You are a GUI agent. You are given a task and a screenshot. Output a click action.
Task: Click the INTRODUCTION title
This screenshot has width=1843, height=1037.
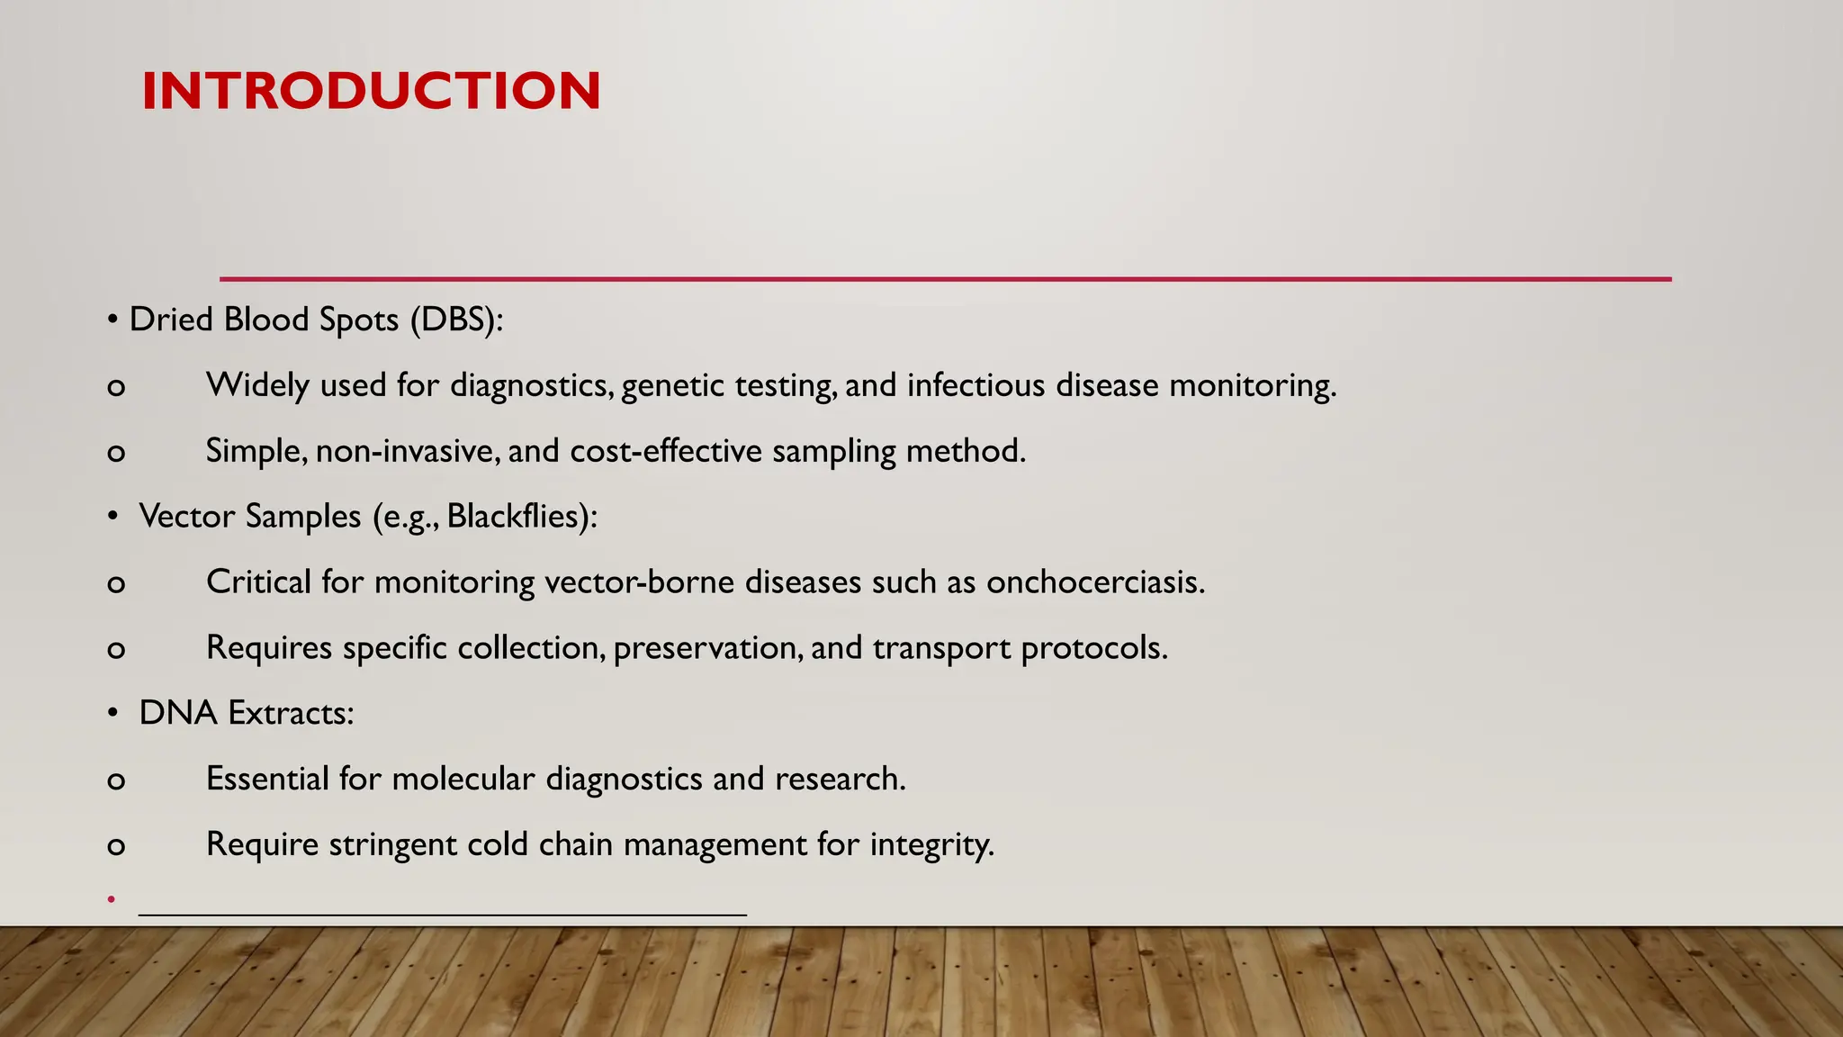pyautogui.click(x=371, y=91)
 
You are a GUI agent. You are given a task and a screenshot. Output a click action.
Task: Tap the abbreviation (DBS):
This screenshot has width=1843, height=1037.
pyautogui.click(x=456, y=320)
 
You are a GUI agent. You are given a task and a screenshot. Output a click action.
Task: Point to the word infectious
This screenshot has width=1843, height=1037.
pyautogui.click(x=975, y=385)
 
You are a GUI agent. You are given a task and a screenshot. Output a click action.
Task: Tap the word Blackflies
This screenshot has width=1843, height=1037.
pyautogui.click(x=517, y=517)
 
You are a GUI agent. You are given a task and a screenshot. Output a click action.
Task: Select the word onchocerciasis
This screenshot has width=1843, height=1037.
pyautogui.click(x=1094, y=582)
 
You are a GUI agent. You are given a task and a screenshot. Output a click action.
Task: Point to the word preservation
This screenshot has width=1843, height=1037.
pyautogui.click(x=707, y=648)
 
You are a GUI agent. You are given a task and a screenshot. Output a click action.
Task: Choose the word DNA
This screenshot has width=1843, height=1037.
pyautogui.click(x=178, y=713)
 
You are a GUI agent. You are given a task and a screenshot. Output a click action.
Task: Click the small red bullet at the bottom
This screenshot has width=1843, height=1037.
pyautogui.click(x=111, y=898)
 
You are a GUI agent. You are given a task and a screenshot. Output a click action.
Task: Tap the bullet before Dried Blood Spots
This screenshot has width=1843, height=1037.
pyautogui.click(x=112, y=320)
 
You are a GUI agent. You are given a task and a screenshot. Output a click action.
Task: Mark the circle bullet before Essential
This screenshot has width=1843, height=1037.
pyautogui.click(x=116, y=780)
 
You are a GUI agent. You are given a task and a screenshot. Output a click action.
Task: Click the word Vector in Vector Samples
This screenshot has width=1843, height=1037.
pyautogui.click(x=186, y=517)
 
